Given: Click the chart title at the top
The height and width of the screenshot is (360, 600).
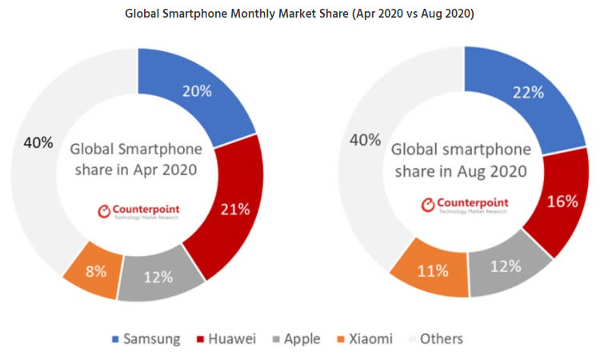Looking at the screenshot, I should (x=300, y=15).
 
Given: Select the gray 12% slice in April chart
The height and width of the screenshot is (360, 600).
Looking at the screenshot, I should (x=159, y=278).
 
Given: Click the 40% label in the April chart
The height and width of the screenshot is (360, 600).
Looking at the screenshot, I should (x=38, y=143).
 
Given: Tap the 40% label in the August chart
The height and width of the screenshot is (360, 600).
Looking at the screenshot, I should (x=365, y=140).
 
